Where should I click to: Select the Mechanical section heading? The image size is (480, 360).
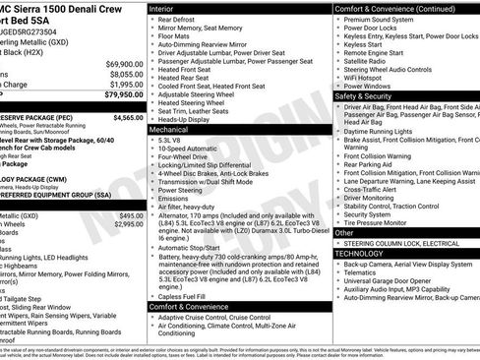tap(171, 129)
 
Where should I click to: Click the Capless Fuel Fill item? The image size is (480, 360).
tap(185, 295)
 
